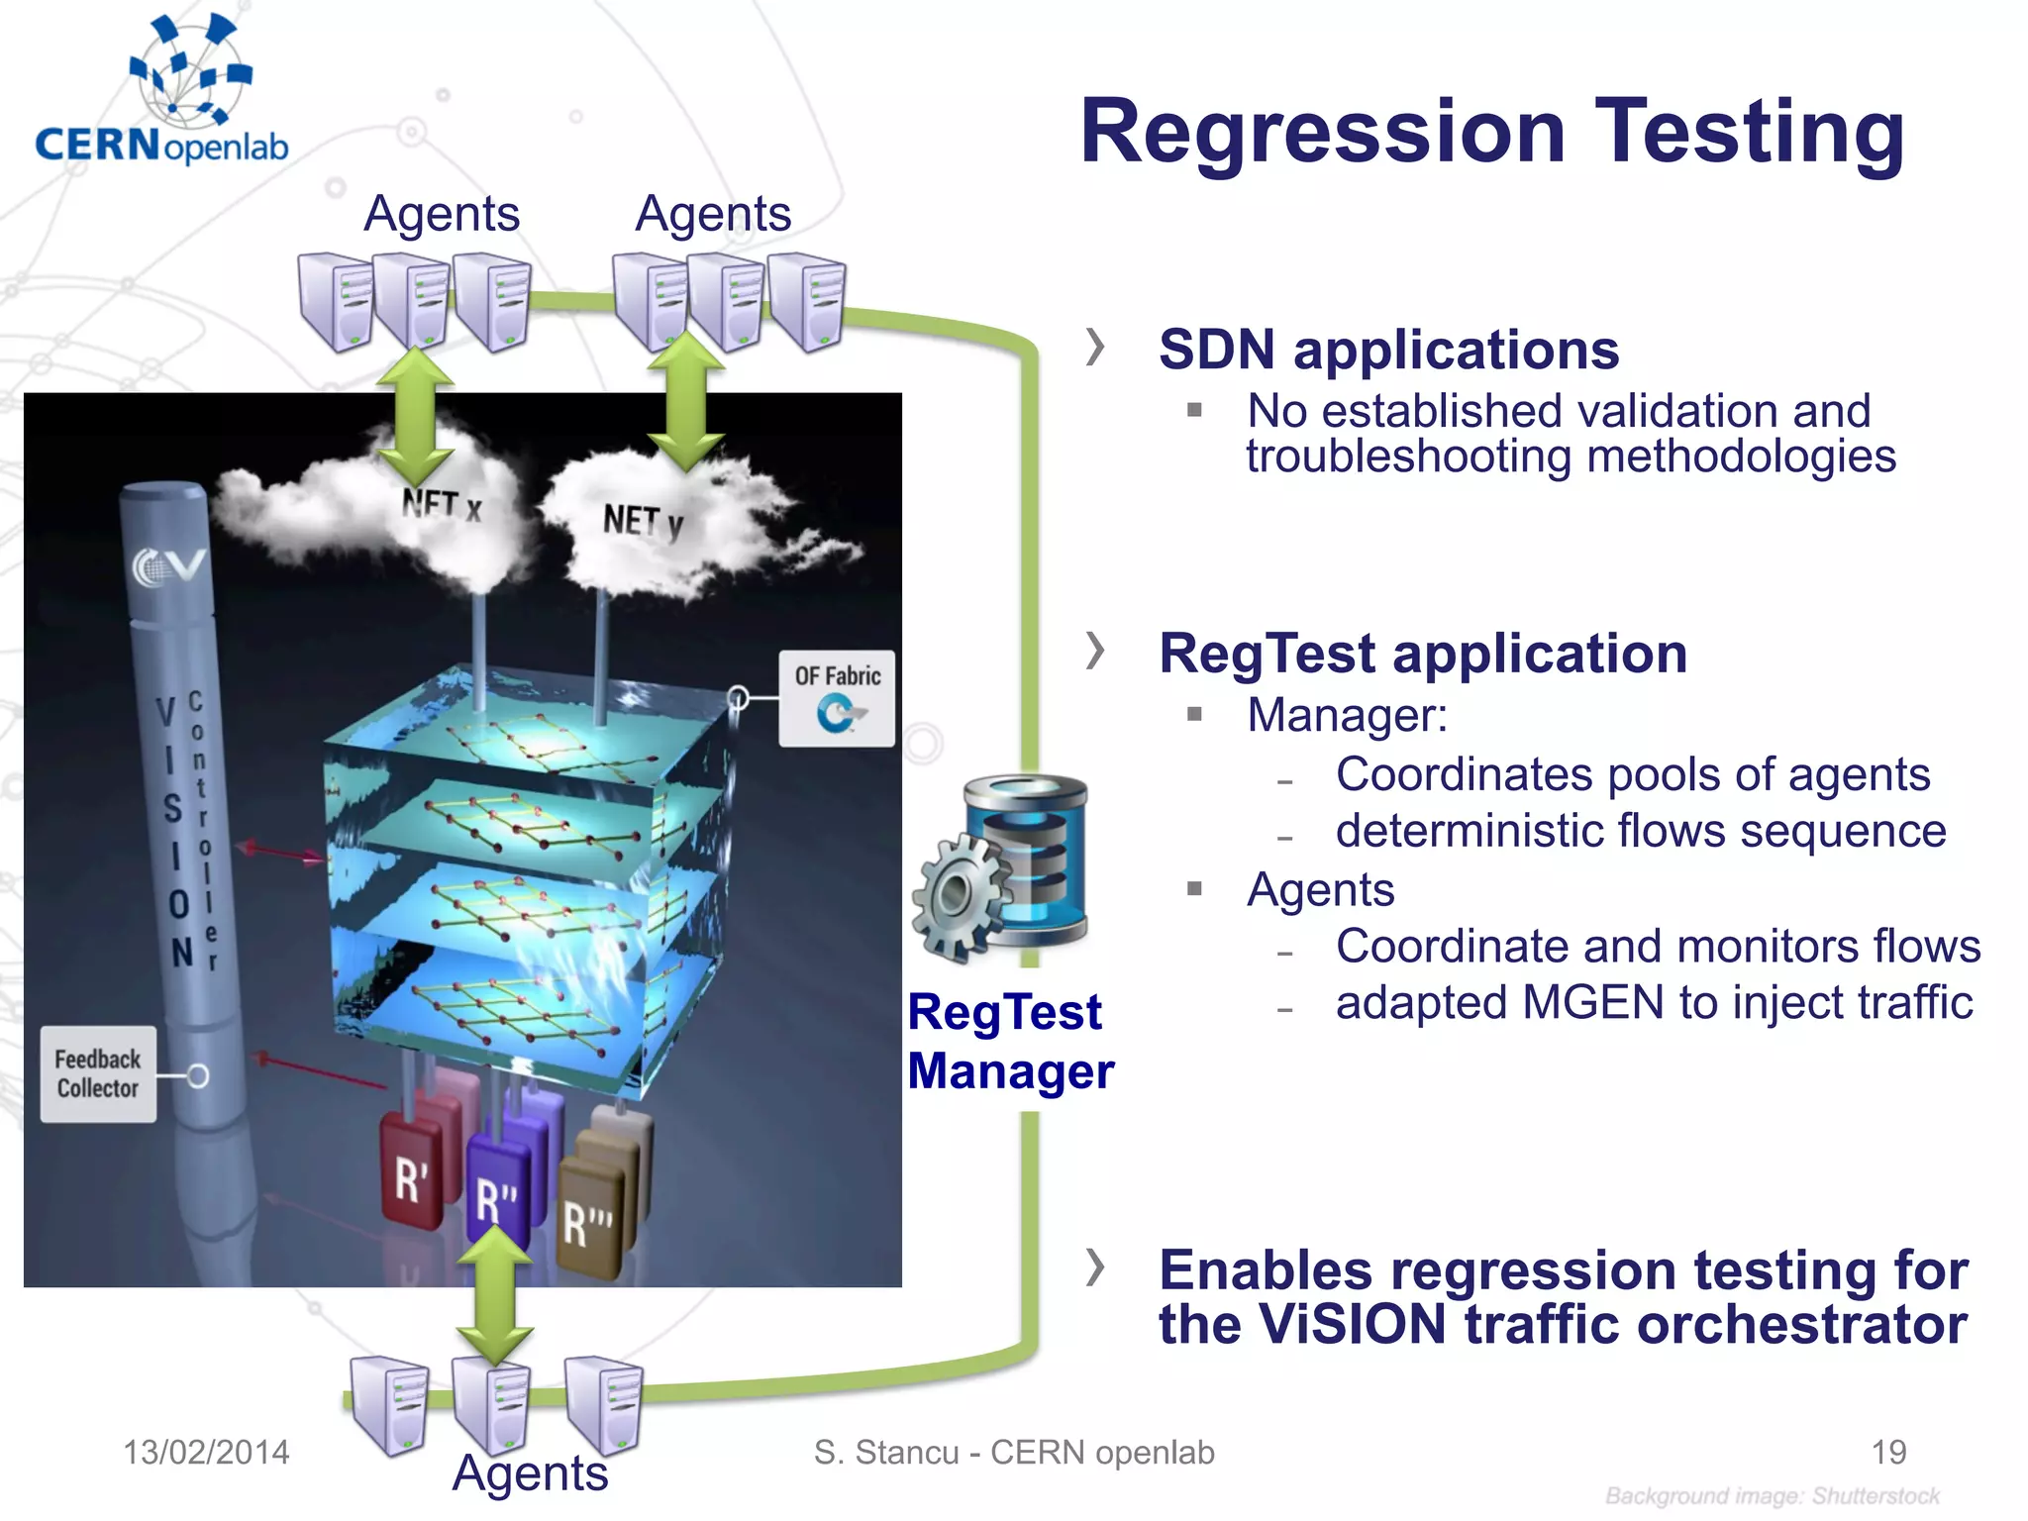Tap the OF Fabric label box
point(837,698)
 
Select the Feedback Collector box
point(98,1074)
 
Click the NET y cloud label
point(643,521)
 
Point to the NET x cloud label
point(442,506)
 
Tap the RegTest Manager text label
point(1009,1042)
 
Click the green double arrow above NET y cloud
point(685,401)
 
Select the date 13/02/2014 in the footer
point(206,1453)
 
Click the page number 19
point(1888,1453)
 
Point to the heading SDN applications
point(1388,350)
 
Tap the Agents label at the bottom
point(530,1473)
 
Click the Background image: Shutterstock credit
point(1772,1496)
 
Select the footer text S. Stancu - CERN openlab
point(1014,1453)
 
